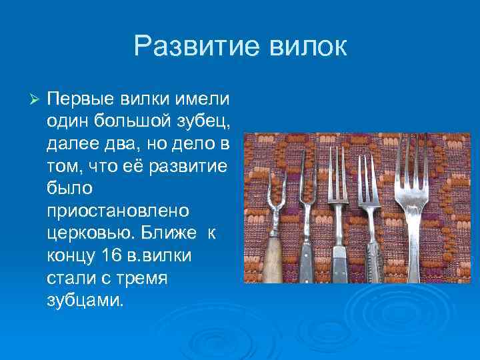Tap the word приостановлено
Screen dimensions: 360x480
tap(118, 210)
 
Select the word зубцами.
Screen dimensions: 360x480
tap(85, 299)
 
